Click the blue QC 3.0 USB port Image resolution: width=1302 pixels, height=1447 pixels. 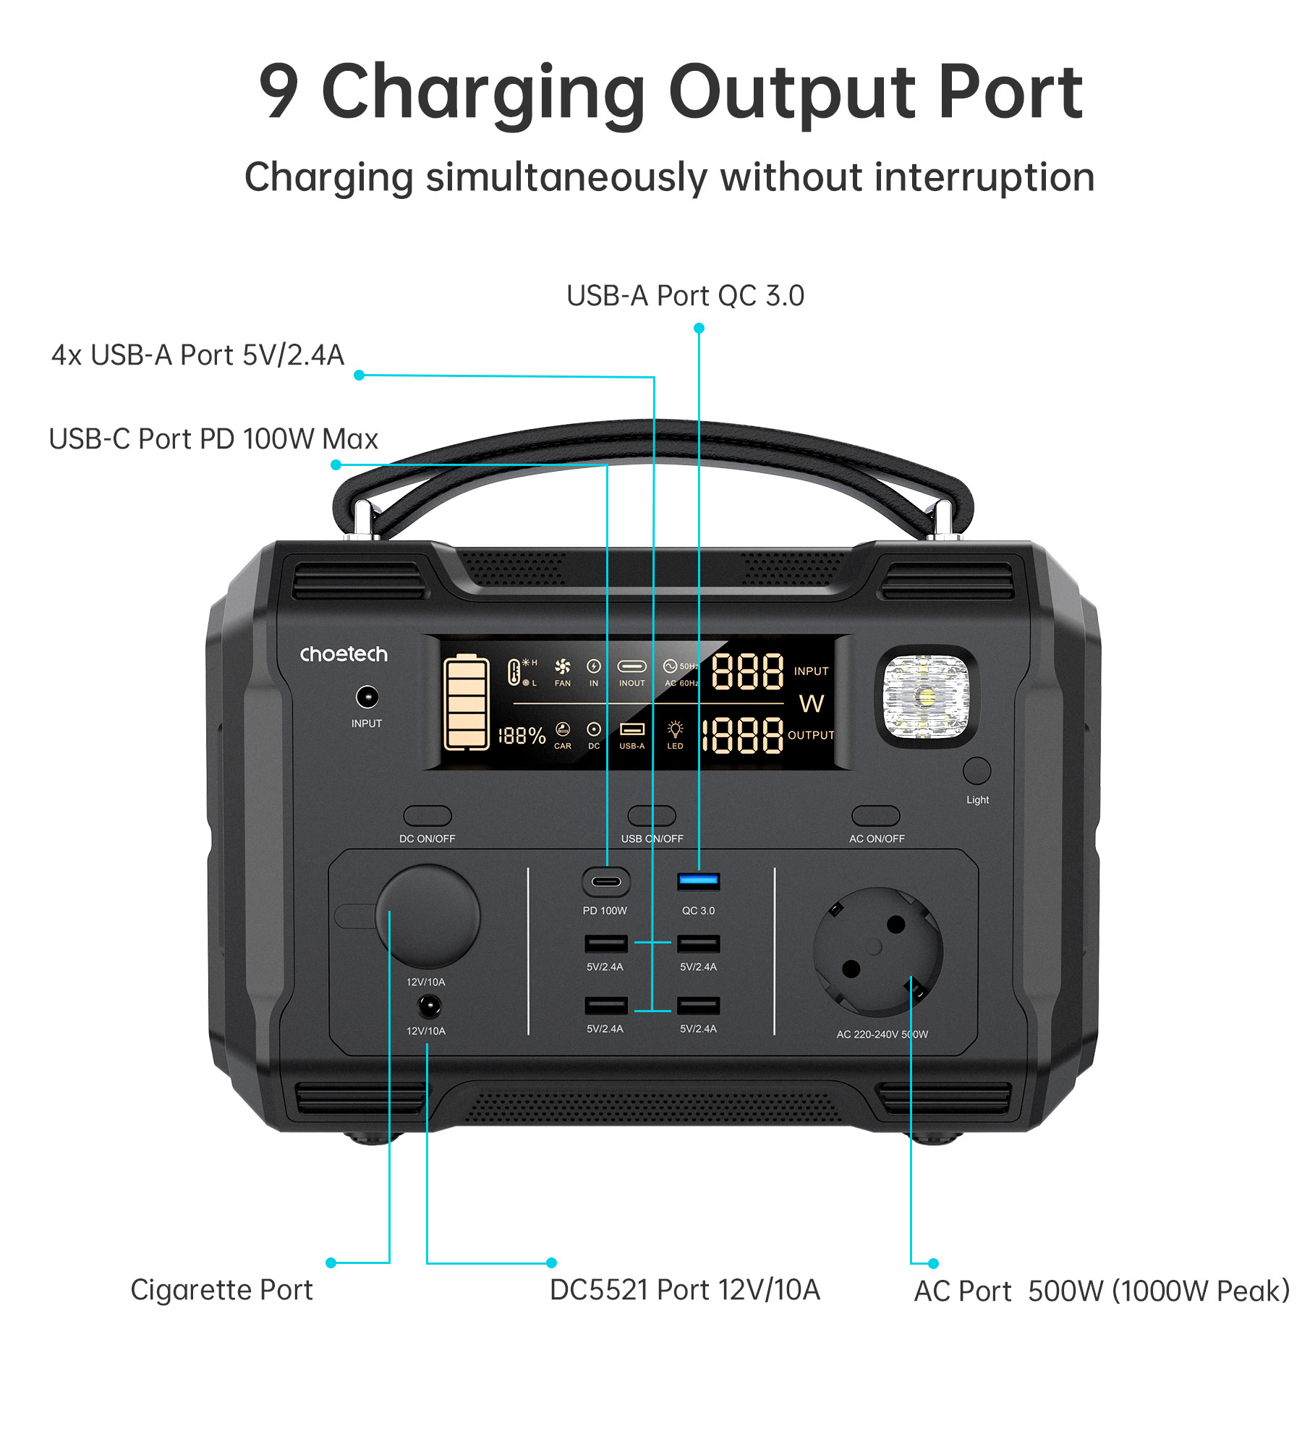point(698,880)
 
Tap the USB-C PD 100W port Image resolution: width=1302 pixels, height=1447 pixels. point(606,881)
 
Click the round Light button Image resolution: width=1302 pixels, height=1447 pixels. point(977,771)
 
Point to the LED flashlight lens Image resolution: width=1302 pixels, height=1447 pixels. point(926,696)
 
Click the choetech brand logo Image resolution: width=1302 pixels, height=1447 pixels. point(344,654)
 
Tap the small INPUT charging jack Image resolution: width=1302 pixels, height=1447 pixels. point(367,697)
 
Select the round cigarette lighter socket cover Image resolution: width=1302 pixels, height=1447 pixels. point(427,915)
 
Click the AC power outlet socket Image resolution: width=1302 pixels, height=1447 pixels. point(878,951)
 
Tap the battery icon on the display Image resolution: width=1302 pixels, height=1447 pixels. point(467,702)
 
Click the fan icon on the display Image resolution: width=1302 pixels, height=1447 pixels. point(562,666)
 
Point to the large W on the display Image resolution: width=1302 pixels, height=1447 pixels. point(812,703)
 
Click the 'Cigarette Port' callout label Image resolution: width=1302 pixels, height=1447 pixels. point(221,1290)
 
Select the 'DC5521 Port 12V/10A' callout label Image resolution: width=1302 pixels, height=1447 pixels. point(685,1290)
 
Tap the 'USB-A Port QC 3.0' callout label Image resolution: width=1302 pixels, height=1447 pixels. point(685,295)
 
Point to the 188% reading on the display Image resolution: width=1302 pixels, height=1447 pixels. point(522,736)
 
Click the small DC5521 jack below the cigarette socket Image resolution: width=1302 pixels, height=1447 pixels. point(429,1006)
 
